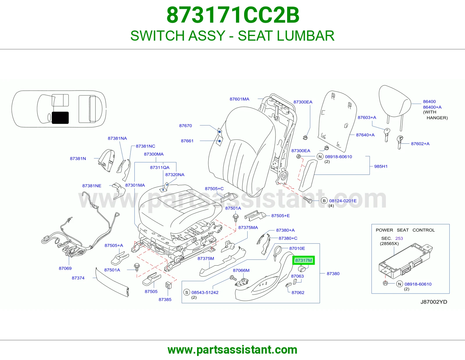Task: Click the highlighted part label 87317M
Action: click(303, 260)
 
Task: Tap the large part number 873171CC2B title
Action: click(233, 15)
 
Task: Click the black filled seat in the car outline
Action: click(60, 118)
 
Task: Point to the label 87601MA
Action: click(239, 99)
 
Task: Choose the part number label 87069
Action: click(65, 268)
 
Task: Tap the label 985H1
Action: click(381, 166)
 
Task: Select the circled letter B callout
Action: click(324, 201)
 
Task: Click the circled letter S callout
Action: click(187, 292)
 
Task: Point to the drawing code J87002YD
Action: click(434, 302)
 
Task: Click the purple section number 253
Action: click(399, 238)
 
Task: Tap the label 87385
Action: click(165, 300)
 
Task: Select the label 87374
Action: click(78, 278)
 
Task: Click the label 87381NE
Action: click(92, 186)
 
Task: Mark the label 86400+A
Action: click(432, 107)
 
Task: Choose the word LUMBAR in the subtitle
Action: click(305, 36)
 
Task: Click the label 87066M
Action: click(241, 270)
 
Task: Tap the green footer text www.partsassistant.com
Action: click(233, 350)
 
